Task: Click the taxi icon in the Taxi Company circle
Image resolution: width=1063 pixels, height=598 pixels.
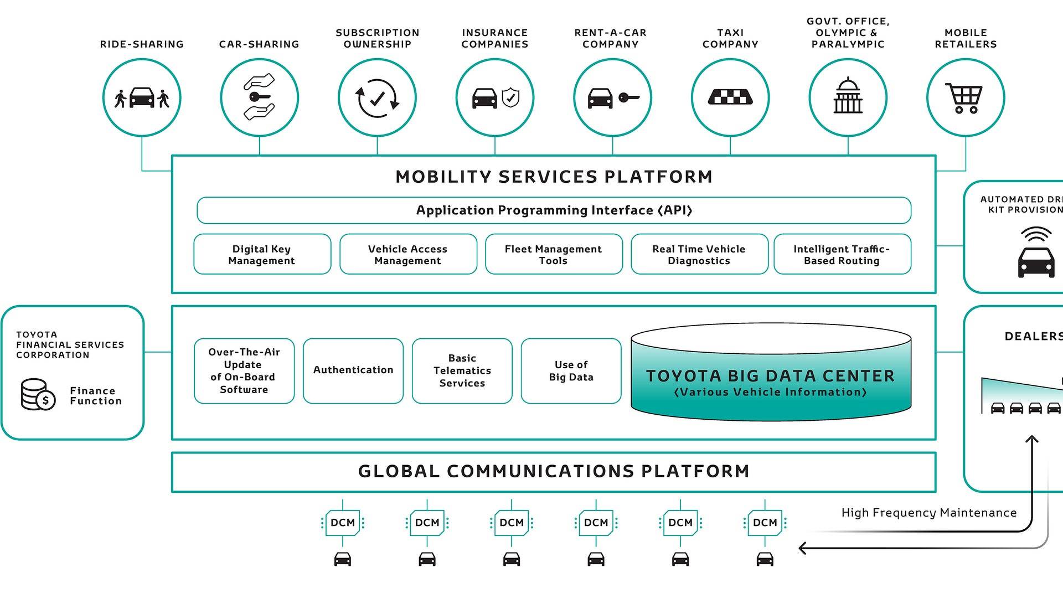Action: pyautogui.click(x=730, y=98)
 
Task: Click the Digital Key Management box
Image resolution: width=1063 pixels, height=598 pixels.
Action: pyautogui.click(x=262, y=255)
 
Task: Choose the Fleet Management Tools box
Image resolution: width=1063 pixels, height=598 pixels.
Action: pyautogui.click(x=553, y=255)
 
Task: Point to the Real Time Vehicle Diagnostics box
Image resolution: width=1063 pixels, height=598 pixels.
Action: pyautogui.click(x=699, y=255)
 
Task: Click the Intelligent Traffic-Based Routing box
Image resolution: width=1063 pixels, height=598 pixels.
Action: pyautogui.click(x=842, y=255)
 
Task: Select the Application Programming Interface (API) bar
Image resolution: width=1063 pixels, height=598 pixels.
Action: pyautogui.click(x=554, y=210)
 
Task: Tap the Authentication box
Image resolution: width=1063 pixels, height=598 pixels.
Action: pyautogui.click(x=353, y=370)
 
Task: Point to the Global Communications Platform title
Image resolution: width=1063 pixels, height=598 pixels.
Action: pyautogui.click(x=554, y=471)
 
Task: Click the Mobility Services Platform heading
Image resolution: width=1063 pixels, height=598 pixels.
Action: pyautogui.click(x=554, y=177)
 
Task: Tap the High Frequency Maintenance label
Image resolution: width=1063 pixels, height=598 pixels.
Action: pyautogui.click(x=928, y=513)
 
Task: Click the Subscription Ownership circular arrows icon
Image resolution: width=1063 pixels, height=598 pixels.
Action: pyautogui.click(x=376, y=99)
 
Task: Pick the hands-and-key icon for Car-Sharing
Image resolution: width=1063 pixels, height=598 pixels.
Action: pyautogui.click(x=259, y=97)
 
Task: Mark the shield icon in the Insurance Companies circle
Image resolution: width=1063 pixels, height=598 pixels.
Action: pyautogui.click(x=510, y=98)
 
